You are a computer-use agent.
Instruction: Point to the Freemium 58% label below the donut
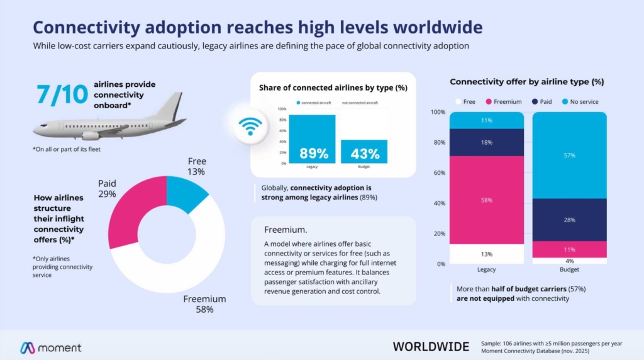coord(204,304)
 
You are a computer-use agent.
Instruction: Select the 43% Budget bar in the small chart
coord(365,152)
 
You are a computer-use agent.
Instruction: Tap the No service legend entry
coord(580,101)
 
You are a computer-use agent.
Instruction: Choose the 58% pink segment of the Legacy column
coord(486,200)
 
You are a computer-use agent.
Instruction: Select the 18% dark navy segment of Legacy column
coord(486,142)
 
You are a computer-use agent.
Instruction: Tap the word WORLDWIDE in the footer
coord(431,347)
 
